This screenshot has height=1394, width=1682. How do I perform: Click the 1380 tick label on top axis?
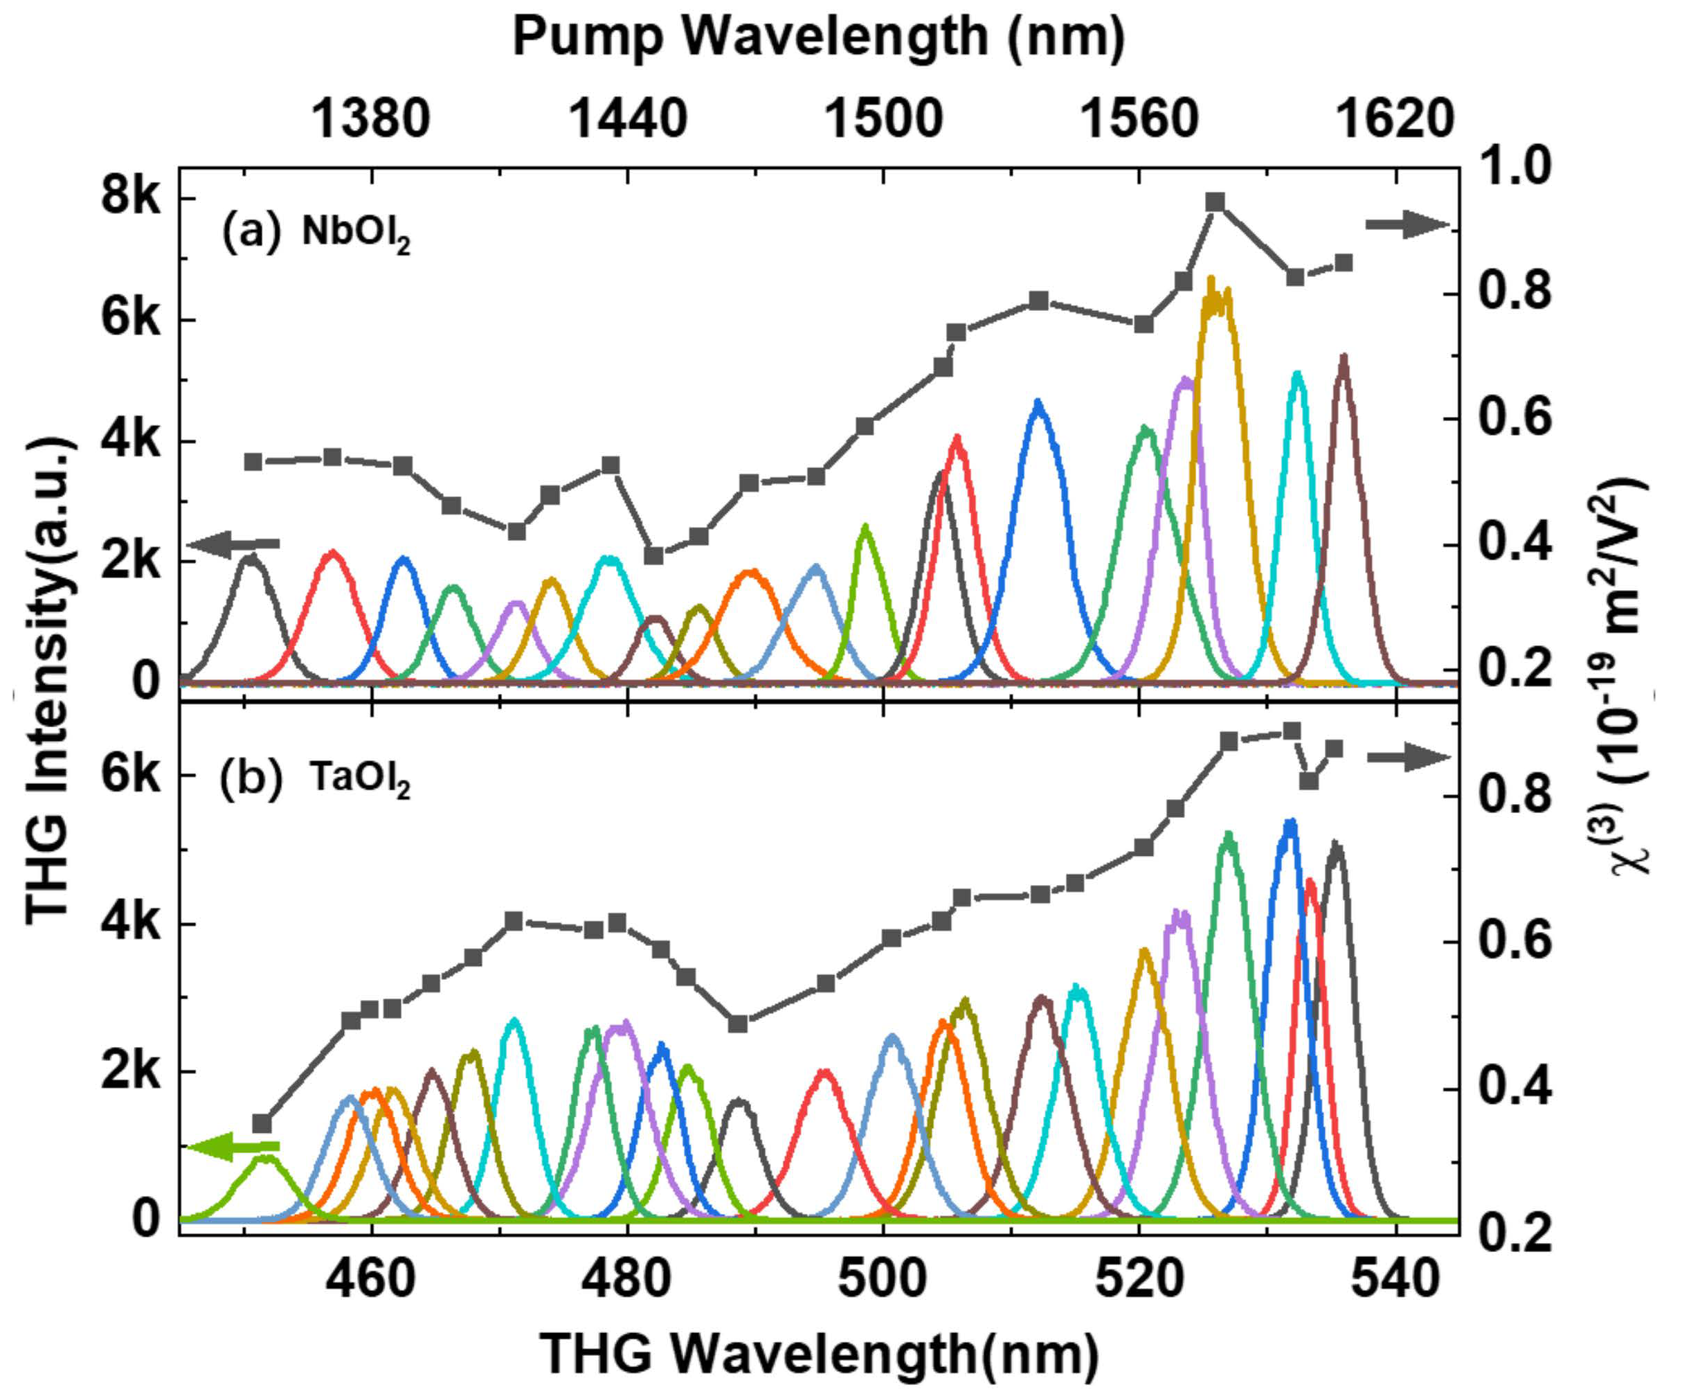pos(370,119)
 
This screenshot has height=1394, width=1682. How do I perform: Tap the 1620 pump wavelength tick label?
pos(1395,119)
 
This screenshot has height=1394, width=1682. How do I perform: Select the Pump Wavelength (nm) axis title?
pos(819,37)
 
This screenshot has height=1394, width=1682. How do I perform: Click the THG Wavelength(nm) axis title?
pos(819,1354)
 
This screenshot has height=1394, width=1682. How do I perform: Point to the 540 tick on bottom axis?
pos(1395,1280)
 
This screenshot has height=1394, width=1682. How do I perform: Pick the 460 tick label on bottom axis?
pos(370,1280)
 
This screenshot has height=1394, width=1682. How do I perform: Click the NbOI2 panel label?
pos(356,234)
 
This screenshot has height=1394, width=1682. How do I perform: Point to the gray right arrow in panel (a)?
pos(1407,225)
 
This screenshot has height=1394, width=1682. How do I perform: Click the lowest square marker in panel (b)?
pos(262,1124)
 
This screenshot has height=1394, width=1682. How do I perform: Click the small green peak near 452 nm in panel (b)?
pos(264,1160)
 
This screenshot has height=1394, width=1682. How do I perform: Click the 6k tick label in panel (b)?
pos(131,775)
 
